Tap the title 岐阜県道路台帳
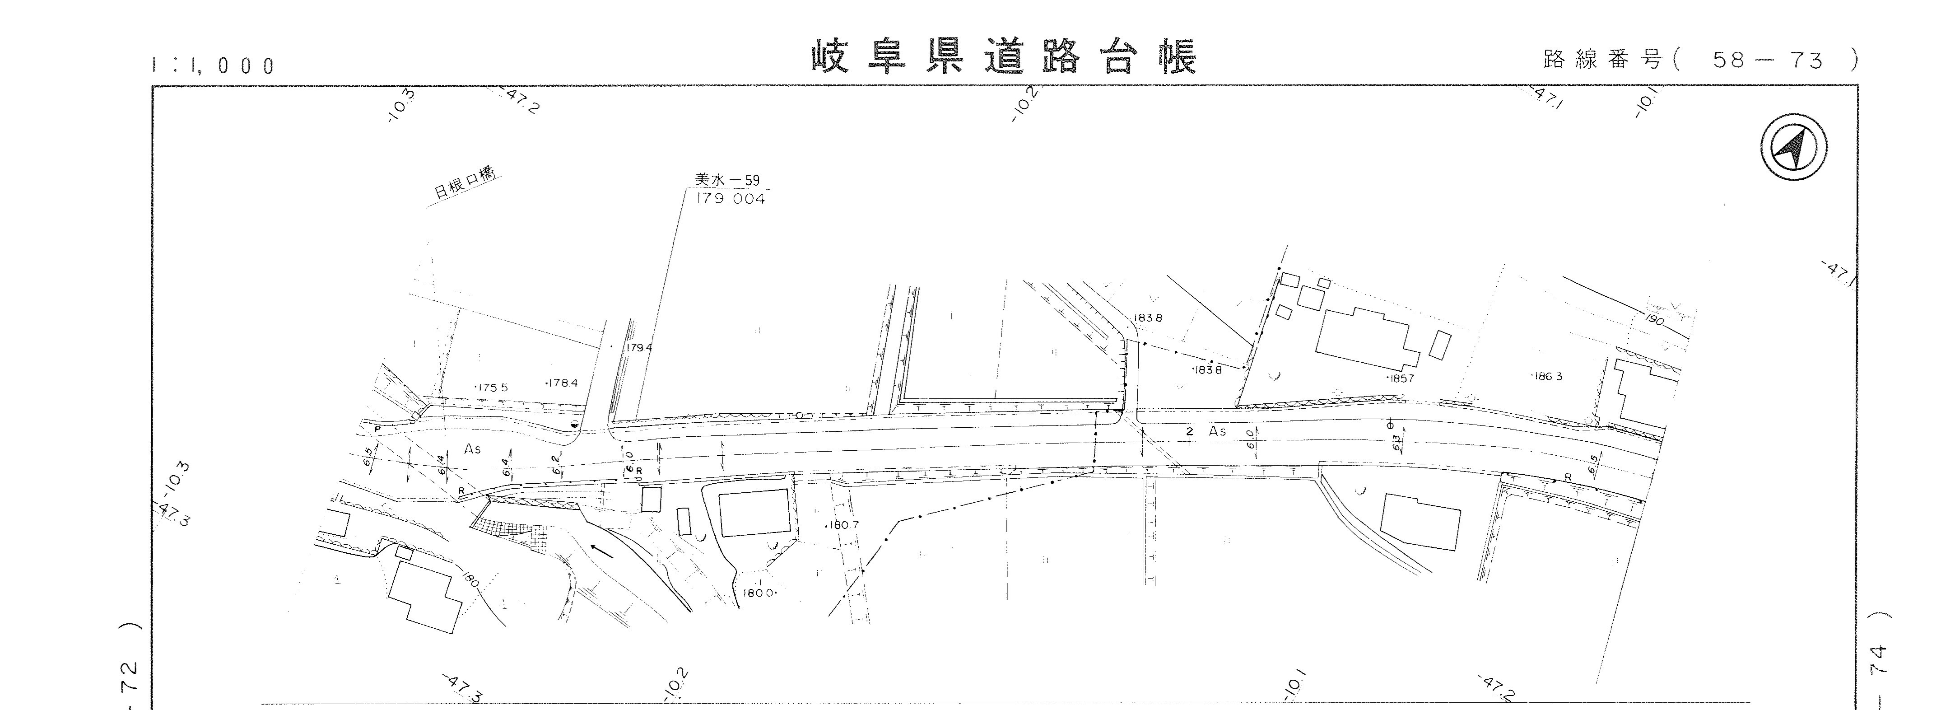1004,58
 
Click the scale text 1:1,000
213,65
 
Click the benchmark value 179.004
729,199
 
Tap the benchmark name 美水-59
727,180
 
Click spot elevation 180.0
759,593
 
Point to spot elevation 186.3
1547,376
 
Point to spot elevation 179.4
638,348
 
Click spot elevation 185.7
1400,378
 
